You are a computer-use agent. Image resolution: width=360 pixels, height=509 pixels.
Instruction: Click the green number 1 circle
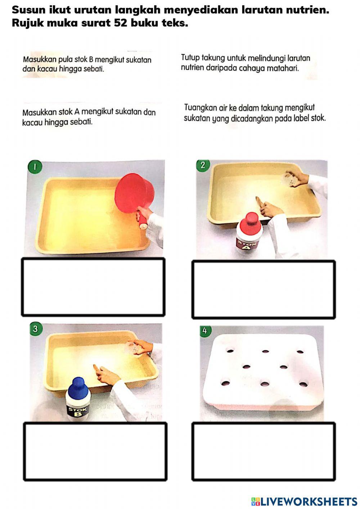pyautogui.click(x=35, y=167)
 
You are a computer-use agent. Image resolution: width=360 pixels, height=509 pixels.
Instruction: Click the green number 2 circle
pyautogui.click(x=203, y=165)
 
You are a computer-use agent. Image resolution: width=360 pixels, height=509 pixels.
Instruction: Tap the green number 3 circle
pyautogui.click(x=35, y=329)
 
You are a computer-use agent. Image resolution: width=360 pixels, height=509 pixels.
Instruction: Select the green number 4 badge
pyautogui.click(x=205, y=331)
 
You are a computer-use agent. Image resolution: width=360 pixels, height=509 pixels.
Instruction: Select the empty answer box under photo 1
pyautogui.click(x=93, y=287)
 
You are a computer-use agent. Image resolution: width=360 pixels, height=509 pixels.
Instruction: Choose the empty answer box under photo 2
pyautogui.click(x=264, y=290)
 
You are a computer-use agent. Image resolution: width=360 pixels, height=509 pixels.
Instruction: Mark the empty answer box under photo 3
pyautogui.click(x=95, y=451)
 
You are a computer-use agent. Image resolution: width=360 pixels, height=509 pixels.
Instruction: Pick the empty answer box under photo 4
pyautogui.click(x=264, y=451)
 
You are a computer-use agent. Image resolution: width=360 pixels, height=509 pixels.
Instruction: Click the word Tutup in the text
pyautogui.click(x=189, y=58)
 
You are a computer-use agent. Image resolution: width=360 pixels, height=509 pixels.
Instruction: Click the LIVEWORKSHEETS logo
pyautogui.click(x=304, y=501)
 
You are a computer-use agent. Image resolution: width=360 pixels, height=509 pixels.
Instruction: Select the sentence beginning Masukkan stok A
pyautogui.click(x=89, y=117)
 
